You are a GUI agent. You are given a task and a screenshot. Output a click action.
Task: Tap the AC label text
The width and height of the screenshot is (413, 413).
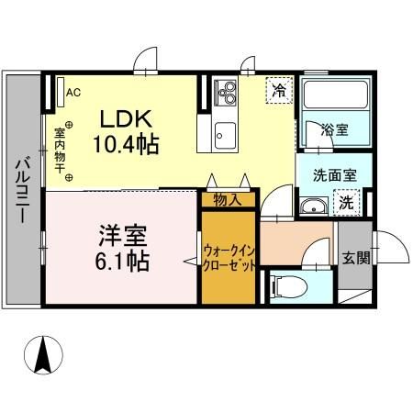coord(73,92)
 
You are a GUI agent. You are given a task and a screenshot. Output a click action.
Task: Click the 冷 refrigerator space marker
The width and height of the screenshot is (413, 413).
coord(278,91)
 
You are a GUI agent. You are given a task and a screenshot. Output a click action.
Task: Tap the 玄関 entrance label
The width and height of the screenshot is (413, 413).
coord(356,258)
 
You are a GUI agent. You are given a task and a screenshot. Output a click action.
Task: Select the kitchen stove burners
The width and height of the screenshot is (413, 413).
coord(226,93)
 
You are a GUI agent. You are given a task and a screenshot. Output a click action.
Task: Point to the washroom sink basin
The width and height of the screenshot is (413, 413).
coord(315,205)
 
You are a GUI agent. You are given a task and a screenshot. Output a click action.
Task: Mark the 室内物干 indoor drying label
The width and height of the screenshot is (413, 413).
coord(59,147)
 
